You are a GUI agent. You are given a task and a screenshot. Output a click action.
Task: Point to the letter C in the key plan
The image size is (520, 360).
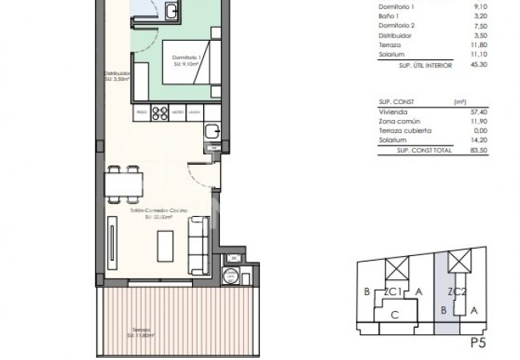click(x=394, y=315)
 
